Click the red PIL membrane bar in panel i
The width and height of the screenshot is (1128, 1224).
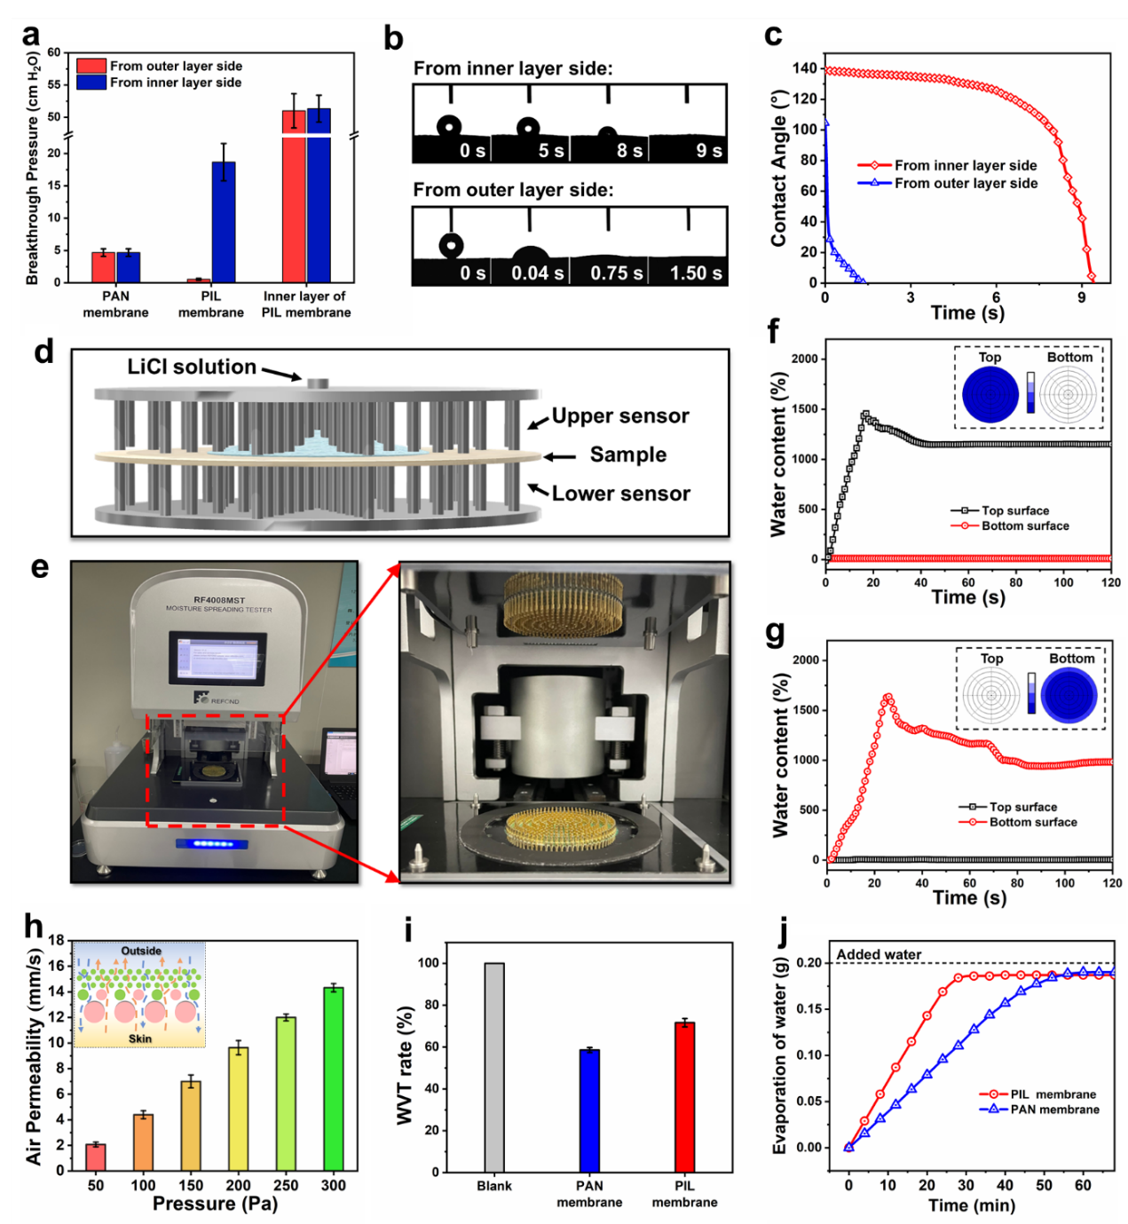(x=684, y=1097)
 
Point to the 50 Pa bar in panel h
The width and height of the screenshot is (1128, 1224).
(x=96, y=1157)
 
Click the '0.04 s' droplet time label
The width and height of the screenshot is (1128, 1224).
(x=537, y=273)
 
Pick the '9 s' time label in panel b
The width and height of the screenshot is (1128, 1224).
(x=708, y=151)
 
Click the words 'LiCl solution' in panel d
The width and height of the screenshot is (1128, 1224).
(x=192, y=367)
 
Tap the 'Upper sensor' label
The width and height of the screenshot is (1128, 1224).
(x=620, y=416)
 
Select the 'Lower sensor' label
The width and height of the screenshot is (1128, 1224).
(x=620, y=494)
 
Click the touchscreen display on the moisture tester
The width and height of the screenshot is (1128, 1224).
(x=217, y=659)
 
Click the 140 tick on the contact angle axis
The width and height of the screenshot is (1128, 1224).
(x=805, y=68)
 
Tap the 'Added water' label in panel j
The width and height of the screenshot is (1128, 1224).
(x=879, y=954)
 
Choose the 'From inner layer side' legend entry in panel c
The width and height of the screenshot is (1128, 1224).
(x=965, y=165)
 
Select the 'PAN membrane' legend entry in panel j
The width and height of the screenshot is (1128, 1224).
(x=1054, y=1109)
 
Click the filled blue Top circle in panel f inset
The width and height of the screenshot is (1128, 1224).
(x=990, y=395)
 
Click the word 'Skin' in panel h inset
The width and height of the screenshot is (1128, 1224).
(x=140, y=1038)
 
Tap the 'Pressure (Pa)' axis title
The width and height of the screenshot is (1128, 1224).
(x=215, y=1204)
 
